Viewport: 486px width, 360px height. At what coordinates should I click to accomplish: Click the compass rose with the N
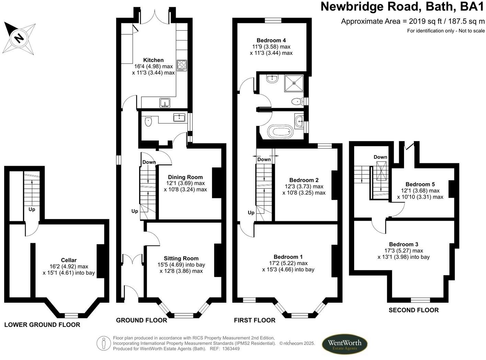point(19,38)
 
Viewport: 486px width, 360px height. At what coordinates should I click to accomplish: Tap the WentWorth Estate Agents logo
point(344,344)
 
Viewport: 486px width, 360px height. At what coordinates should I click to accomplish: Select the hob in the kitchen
point(182,65)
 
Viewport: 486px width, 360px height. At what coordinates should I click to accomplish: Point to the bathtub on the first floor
point(281,132)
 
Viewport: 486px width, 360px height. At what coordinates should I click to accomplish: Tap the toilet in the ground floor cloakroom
point(148,121)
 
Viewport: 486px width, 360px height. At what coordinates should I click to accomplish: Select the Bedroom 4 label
point(271,40)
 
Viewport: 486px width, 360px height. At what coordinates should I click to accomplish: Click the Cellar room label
point(69,260)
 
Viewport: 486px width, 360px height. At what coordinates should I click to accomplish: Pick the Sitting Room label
point(181,258)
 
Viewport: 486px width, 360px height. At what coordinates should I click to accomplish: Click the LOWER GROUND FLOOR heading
point(42,325)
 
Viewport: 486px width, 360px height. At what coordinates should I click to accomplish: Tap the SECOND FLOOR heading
point(414,310)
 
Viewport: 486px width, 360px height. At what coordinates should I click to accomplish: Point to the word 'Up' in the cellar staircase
point(32,209)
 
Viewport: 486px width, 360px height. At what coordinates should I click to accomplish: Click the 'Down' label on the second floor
point(380,157)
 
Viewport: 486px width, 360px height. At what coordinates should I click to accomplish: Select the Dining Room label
point(185,177)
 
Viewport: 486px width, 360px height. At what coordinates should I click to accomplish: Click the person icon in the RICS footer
point(103,344)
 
